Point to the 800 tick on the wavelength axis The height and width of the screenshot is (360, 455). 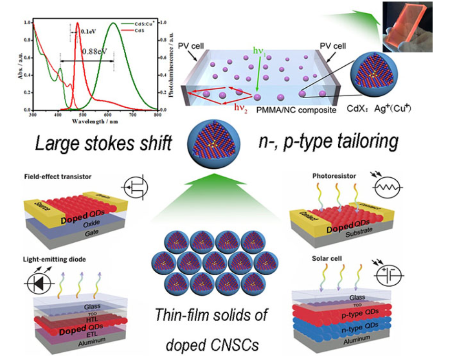pyautogui.click(x=157, y=115)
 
